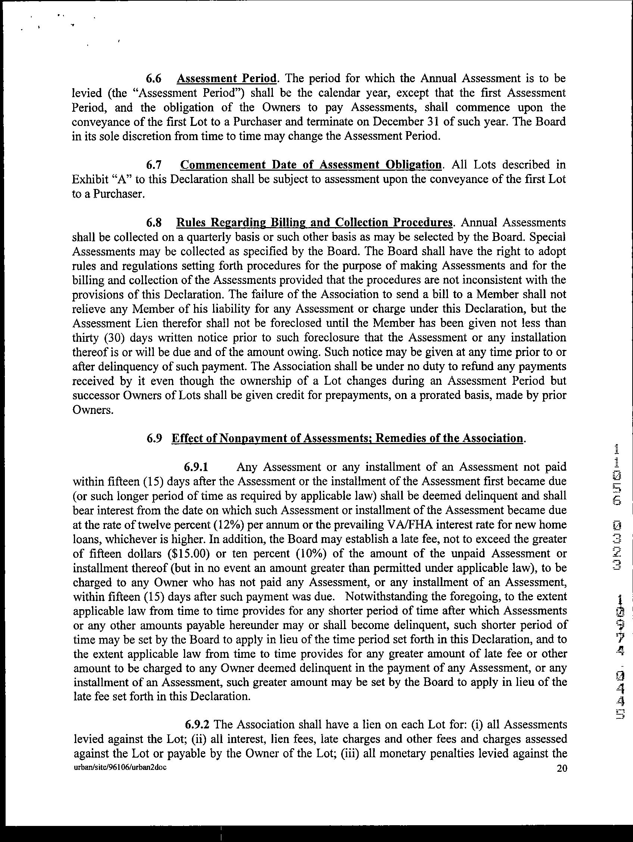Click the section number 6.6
[155, 79]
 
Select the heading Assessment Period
[227, 79]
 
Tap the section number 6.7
[155, 165]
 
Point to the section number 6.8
[155, 223]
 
